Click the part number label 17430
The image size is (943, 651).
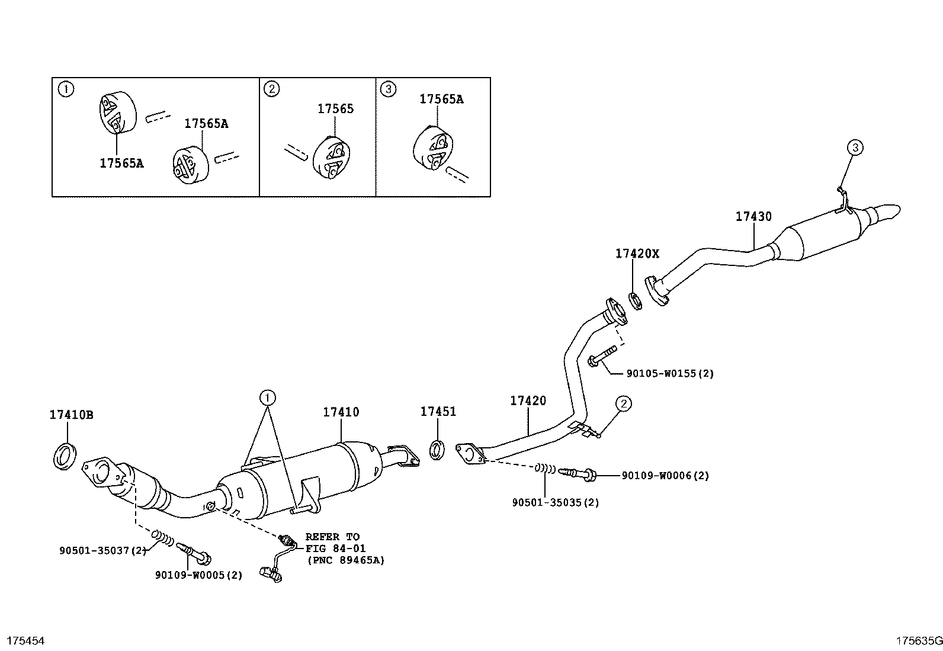(x=753, y=217)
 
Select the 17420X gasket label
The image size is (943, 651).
(x=637, y=254)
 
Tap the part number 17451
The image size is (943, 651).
(x=438, y=411)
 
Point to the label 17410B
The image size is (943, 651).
(x=71, y=415)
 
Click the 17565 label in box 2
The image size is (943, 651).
(x=335, y=108)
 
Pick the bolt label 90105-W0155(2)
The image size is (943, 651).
(x=670, y=374)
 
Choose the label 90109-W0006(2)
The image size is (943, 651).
(x=665, y=475)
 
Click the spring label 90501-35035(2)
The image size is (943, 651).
(x=556, y=502)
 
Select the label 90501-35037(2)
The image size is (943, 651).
(x=102, y=550)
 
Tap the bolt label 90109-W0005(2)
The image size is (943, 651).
(x=199, y=575)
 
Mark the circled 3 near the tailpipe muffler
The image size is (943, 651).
(x=856, y=147)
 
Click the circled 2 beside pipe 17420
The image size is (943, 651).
(x=623, y=404)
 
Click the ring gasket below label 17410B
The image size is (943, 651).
(x=65, y=455)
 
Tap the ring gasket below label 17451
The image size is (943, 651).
(x=438, y=449)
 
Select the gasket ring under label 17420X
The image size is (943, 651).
(x=634, y=301)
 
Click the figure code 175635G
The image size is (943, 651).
(x=918, y=640)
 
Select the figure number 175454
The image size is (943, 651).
(x=25, y=640)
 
